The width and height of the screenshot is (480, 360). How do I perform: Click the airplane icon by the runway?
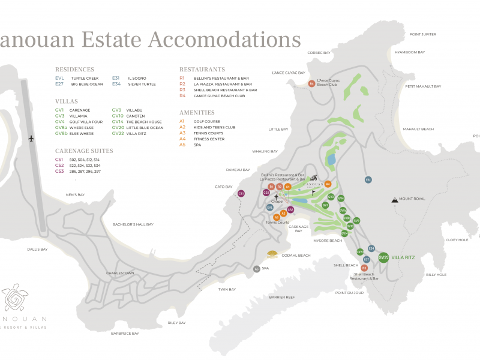point(31,139)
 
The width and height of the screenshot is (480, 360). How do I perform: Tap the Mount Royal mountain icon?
point(394,199)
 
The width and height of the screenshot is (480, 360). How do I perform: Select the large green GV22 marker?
point(384,257)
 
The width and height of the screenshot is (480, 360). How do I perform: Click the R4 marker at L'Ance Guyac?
point(311,83)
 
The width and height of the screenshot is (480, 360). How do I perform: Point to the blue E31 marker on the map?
point(368,179)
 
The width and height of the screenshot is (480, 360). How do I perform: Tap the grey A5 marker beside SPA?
point(256,269)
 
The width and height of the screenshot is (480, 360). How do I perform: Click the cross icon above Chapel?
point(276,196)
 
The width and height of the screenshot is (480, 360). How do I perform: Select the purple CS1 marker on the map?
point(241,194)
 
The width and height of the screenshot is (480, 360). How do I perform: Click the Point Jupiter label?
point(423,34)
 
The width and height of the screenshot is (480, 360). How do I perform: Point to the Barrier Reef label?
point(281,297)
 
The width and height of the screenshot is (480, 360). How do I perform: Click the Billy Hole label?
point(436,275)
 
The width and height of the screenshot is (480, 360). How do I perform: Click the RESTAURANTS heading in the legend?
point(202,70)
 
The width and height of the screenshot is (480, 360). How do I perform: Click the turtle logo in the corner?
point(16,298)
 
